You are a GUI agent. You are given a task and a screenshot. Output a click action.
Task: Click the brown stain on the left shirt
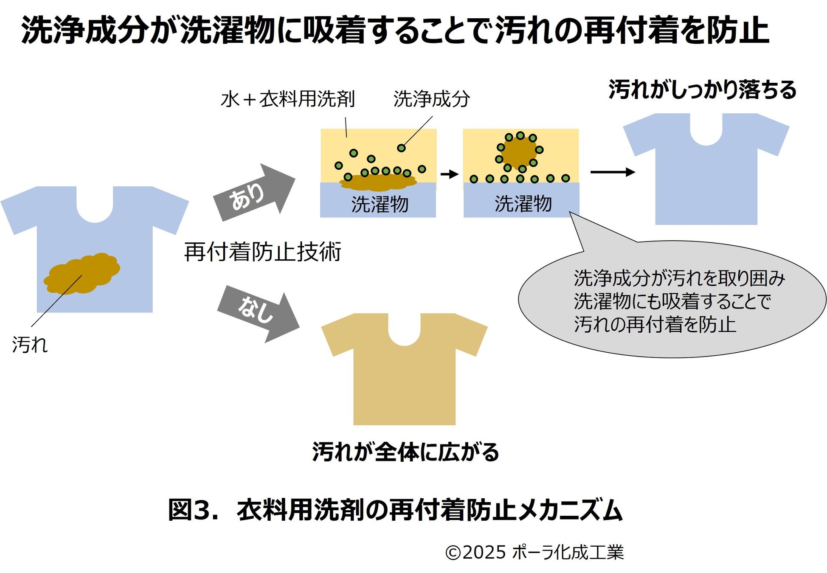[x=82, y=273]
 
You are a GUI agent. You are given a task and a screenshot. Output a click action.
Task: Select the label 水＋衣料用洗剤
[x=287, y=99]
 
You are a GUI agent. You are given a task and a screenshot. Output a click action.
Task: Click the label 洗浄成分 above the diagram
[x=431, y=99]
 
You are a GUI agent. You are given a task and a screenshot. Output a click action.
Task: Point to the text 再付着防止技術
[x=262, y=252]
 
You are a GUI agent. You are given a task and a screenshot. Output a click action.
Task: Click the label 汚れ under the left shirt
[x=30, y=345]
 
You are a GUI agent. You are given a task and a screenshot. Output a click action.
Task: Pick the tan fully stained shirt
[x=404, y=374]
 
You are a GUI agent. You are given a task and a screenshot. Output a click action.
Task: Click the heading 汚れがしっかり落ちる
[x=702, y=90]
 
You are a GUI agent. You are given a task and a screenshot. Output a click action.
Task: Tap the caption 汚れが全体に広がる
[x=405, y=452]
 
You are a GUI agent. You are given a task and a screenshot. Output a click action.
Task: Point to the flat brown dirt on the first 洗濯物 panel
[x=378, y=183]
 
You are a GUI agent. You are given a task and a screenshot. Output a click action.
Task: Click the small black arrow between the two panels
[x=450, y=174]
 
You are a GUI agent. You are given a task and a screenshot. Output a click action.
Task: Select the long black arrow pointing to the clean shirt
[x=612, y=172]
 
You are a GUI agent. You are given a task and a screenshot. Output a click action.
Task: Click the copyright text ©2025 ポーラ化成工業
[x=534, y=552]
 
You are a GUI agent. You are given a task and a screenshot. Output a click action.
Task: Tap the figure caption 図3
[x=395, y=510]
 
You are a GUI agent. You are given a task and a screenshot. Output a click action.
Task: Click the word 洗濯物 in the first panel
[x=380, y=204]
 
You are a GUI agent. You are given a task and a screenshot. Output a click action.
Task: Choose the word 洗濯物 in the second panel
[x=523, y=204]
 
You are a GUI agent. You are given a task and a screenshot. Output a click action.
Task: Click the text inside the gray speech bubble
[x=678, y=301]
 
